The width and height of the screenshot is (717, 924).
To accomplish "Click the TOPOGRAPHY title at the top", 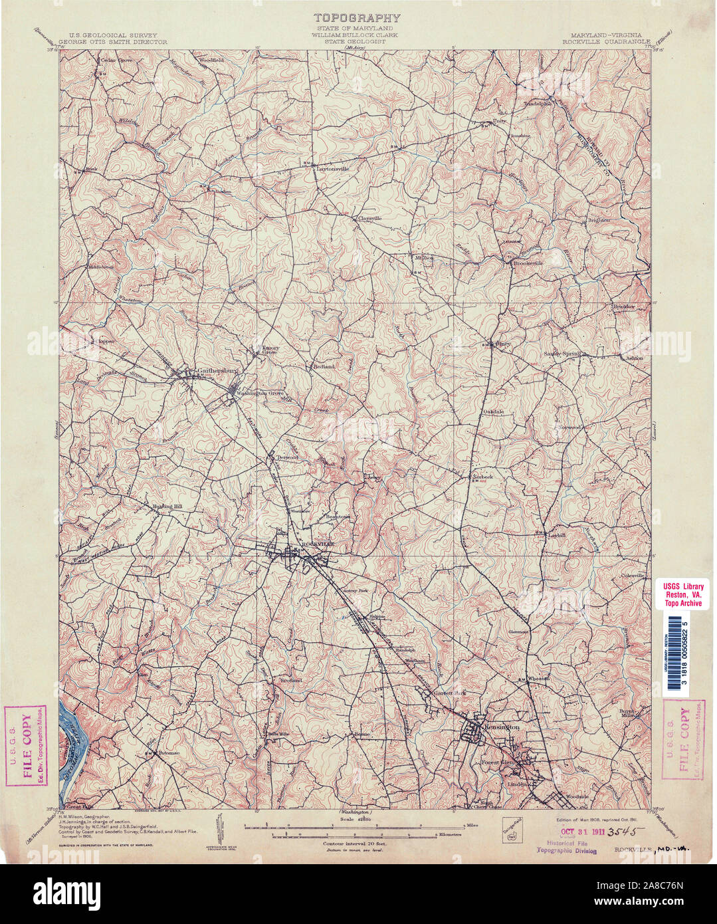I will pos(357,18).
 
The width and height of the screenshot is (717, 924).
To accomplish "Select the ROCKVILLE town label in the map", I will pos(315,544).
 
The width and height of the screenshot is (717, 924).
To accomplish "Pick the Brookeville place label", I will pos(530,263).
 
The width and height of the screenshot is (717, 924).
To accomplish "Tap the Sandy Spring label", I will pos(563,354).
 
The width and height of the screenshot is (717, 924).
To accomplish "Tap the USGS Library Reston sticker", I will pos(684,594).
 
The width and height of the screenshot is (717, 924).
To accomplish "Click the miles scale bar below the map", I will pos(338,826).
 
